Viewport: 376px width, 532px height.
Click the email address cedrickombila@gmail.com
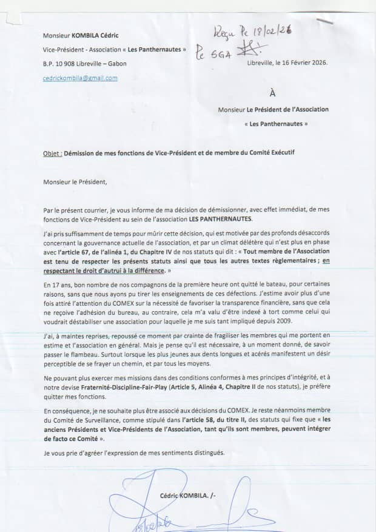pyautogui.click(x=80, y=78)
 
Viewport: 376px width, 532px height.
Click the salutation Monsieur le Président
pyautogui.click(x=75, y=181)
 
